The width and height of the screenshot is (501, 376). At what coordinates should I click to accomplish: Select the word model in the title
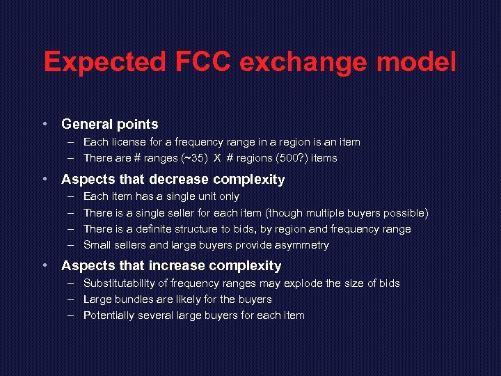416,62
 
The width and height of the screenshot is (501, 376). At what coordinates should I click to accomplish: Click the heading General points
110,124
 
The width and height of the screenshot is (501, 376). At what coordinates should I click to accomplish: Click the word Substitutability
119,283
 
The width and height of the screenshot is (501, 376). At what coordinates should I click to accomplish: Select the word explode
307,283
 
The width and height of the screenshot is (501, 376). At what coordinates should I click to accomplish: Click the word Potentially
109,315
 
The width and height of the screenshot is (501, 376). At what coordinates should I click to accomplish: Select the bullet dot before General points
45,124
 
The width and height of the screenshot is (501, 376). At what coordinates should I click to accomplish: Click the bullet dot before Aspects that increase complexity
45,266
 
